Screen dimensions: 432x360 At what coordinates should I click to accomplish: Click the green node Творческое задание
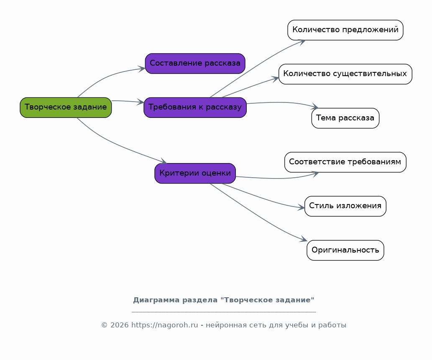66,107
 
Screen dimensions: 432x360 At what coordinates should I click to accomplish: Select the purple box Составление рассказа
195,64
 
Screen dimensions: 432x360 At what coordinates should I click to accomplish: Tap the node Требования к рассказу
195,107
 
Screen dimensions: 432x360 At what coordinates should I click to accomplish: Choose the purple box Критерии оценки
195,173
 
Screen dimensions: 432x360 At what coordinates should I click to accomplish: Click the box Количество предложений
345,30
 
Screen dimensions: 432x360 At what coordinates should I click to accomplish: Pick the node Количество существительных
345,74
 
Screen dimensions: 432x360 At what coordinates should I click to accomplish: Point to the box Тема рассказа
345,118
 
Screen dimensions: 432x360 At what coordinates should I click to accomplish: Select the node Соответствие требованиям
345,162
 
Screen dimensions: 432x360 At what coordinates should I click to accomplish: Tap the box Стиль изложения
345,206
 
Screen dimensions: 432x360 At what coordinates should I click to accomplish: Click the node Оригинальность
345,250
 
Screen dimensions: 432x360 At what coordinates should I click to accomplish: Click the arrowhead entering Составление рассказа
142,69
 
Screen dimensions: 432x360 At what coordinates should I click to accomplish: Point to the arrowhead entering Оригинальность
304,239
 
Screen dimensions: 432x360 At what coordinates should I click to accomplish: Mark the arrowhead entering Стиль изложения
301,207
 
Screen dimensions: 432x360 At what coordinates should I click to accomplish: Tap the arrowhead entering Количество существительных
276,79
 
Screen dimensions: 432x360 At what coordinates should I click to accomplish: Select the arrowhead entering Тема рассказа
315,106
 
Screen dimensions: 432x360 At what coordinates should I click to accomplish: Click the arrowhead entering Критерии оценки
163,161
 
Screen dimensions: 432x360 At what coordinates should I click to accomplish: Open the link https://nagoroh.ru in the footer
164,325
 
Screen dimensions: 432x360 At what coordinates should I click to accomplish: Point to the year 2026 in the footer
120,325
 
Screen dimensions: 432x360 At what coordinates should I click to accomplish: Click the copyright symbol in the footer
105,325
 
